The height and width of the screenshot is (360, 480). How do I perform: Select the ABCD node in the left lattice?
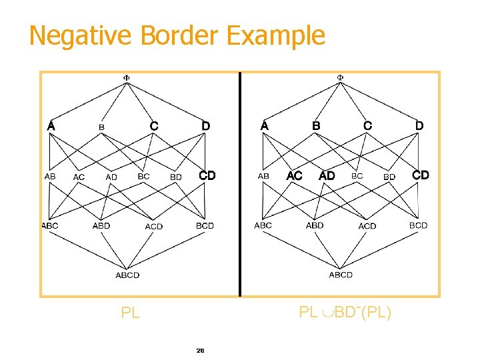tap(127, 275)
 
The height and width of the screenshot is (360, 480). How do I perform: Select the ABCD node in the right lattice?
tap(341, 274)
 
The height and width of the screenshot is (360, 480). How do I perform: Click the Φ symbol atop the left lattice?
tap(127, 77)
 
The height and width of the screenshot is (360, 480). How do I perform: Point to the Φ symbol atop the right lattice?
tap(340, 77)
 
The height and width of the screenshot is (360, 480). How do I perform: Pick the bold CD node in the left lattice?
tap(207, 175)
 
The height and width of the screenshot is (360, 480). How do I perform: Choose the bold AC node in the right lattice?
tap(294, 175)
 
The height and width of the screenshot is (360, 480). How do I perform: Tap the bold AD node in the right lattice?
tap(327, 175)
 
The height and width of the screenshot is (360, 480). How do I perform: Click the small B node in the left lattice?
tap(101, 126)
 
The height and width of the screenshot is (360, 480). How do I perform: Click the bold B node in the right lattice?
tap(316, 125)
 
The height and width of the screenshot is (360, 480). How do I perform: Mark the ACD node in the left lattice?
tap(154, 227)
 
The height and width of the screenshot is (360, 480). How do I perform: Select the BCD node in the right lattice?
tap(418, 225)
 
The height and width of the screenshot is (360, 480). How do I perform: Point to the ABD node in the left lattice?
tap(101, 226)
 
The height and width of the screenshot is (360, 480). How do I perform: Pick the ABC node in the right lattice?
tap(263, 225)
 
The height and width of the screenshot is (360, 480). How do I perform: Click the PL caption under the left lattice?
tap(130, 312)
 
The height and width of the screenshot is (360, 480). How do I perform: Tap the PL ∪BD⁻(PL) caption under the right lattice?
tap(345, 311)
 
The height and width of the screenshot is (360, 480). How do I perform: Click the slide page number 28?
tap(200, 350)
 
